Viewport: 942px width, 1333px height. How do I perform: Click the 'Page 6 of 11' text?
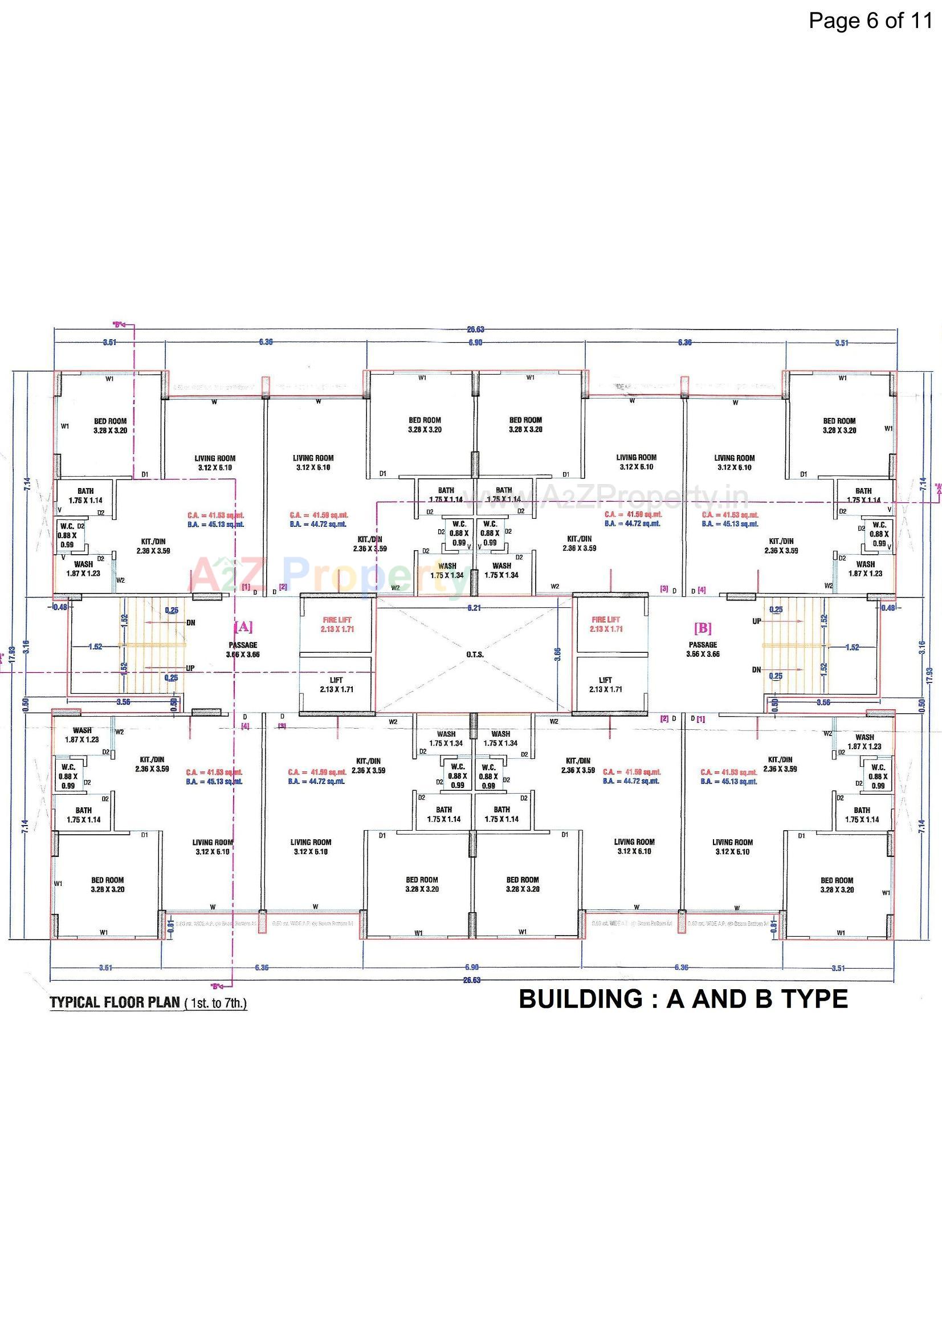pos(870,21)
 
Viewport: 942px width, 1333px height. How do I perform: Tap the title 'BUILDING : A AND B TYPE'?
pos(683,998)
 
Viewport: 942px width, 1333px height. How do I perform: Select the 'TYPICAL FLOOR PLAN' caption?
pos(115,1003)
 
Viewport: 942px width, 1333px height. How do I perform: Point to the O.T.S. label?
pos(475,655)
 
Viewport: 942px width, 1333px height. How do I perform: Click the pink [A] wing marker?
pos(243,627)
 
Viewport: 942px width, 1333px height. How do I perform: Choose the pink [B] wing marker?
pos(702,628)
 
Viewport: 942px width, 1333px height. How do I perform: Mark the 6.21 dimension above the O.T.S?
pos(475,608)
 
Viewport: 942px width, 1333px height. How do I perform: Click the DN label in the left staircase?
pos(191,623)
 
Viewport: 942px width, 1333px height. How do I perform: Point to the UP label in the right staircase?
pos(757,621)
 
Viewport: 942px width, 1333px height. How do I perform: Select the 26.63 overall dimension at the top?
pos(475,330)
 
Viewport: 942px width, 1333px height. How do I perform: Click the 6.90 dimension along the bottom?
pos(472,967)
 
